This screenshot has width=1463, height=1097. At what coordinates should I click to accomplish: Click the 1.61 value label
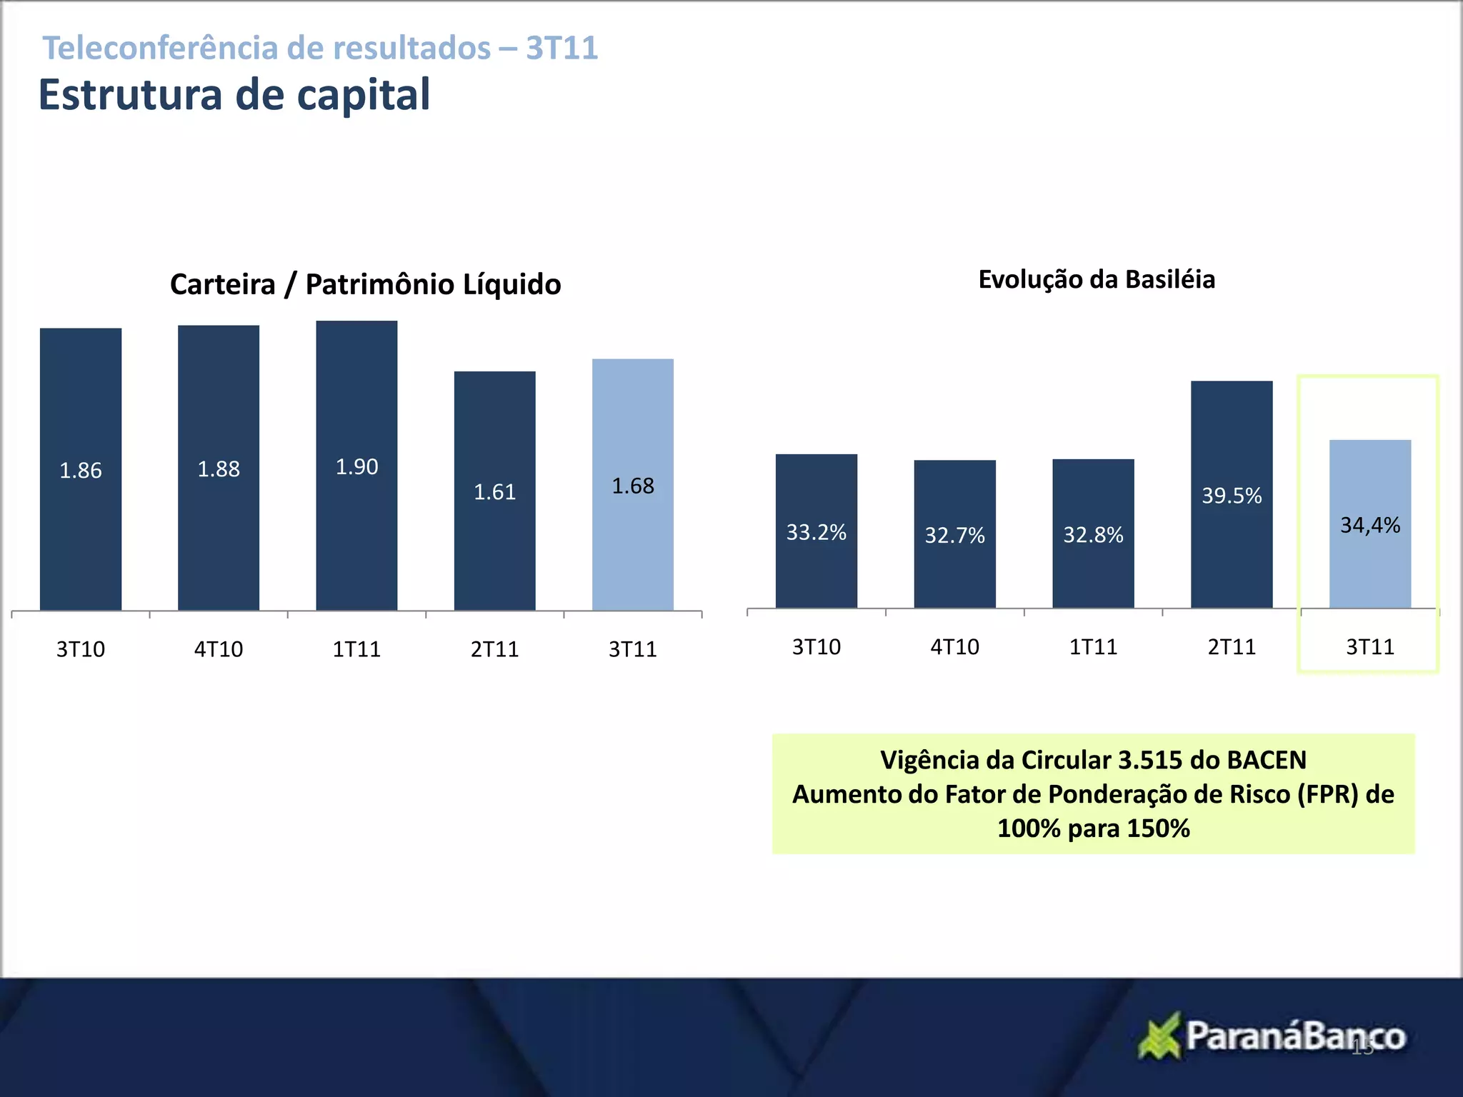click(494, 492)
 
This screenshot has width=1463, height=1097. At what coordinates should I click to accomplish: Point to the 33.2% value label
click(816, 532)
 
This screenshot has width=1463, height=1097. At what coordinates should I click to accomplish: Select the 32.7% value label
click(954, 535)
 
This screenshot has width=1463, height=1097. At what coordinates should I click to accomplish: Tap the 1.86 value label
click(80, 471)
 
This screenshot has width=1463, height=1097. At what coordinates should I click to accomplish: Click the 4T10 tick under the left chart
click(219, 649)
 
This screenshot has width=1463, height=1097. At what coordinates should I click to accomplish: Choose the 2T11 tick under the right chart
click(1232, 647)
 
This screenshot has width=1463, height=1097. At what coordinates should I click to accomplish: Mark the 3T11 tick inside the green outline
click(1369, 647)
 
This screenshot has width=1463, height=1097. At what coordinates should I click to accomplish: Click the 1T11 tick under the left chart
click(356, 649)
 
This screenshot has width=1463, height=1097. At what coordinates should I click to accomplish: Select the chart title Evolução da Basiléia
click(1097, 279)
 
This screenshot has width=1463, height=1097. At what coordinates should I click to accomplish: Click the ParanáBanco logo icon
click(1159, 1036)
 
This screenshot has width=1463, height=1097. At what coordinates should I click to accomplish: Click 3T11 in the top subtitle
click(562, 48)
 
